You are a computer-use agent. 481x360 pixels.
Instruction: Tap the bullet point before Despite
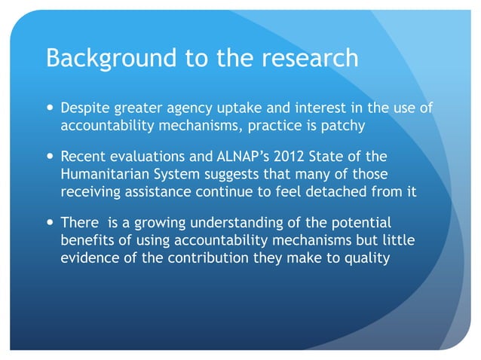50,108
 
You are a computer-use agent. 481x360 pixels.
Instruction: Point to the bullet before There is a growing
50,224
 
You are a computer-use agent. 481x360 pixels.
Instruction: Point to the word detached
353,191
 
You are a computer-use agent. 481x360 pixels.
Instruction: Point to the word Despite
85,108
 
